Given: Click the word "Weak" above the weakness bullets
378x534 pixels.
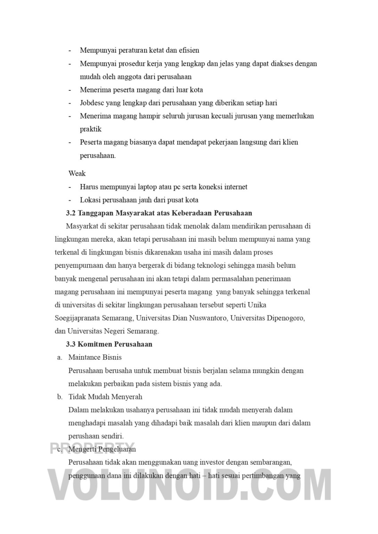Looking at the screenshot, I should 77,173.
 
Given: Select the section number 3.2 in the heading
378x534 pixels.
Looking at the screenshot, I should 71,213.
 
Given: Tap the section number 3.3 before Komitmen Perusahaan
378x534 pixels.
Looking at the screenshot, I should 71,345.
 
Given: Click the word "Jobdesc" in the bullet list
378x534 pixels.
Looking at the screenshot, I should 92,103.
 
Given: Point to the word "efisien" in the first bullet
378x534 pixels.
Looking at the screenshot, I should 190,50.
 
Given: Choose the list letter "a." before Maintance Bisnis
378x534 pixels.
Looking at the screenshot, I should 60,358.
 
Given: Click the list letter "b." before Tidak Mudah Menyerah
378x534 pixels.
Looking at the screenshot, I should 60,397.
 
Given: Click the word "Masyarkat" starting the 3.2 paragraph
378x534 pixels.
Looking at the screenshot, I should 82,226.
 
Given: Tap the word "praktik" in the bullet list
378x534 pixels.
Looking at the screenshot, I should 90,129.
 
